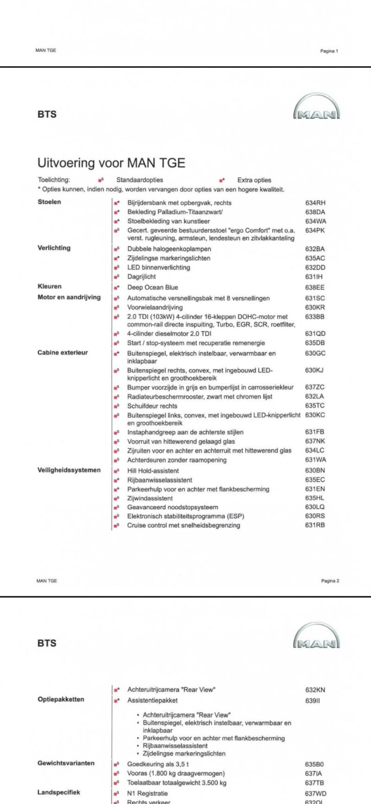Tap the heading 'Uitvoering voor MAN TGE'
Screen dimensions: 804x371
coord(111,163)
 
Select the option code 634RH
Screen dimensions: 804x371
coord(315,203)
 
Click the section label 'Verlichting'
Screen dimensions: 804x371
coord(54,248)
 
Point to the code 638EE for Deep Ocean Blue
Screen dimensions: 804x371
coord(315,288)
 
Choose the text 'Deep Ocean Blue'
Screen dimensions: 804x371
coord(152,288)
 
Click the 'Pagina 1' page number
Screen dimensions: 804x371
coord(329,51)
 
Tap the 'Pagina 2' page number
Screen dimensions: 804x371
coord(330,581)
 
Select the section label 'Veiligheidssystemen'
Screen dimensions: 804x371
coord(69,470)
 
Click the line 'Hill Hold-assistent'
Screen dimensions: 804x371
coord(153,471)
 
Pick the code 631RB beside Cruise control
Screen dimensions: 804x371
coord(315,525)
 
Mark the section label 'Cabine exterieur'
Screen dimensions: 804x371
coord(63,353)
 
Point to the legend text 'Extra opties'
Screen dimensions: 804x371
coord(254,180)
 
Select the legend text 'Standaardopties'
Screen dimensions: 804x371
coord(140,180)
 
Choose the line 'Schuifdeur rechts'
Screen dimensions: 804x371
coord(152,406)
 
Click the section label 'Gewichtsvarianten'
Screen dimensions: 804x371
coord(66,763)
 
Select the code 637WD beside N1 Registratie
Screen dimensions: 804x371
coord(315,793)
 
